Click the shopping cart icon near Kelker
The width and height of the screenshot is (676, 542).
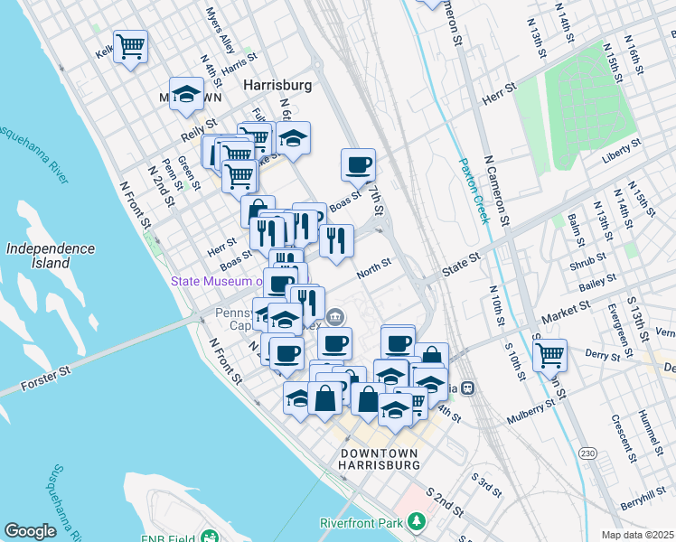point(131,45)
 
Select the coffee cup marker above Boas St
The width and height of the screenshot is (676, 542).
point(358,164)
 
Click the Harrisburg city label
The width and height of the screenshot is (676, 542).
point(278,84)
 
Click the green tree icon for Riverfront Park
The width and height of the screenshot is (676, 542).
point(416,522)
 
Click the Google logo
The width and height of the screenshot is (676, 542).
point(30,531)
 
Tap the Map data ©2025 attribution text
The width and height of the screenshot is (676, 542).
point(637,535)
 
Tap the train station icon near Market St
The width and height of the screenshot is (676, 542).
point(468,388)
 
